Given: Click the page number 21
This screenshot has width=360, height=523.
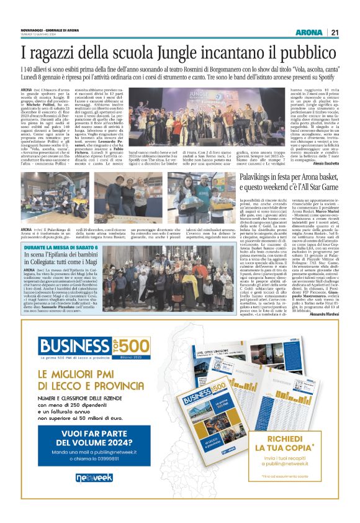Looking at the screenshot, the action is tap(334, 32).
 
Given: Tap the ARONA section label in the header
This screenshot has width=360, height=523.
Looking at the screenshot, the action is tap(308, 32).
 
